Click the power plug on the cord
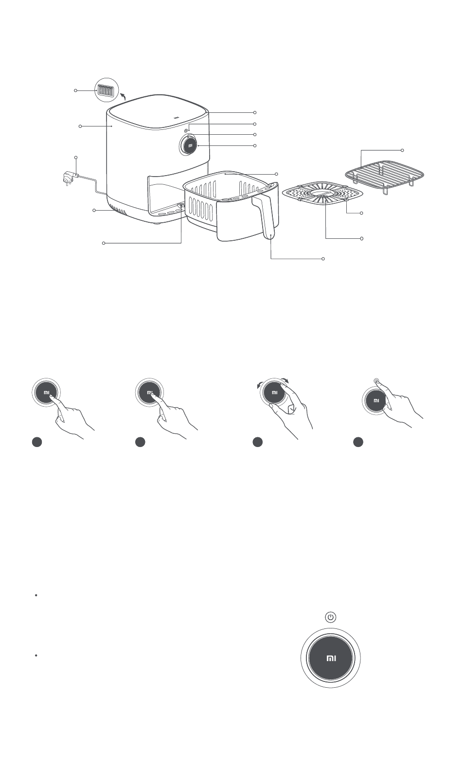coord(70,179)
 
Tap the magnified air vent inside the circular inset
coord(105,90)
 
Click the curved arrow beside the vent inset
coord(123,95)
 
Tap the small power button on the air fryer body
coord(186,130)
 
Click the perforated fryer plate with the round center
coord(322,193)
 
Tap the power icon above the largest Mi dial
coord(331,617)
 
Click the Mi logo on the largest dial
coord(331,658)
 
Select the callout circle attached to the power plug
coord(76,158)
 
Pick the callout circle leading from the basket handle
coord(323,258)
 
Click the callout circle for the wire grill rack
coord(402,150)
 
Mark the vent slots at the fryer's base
coord(117,210)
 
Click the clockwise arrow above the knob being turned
coord(285,380)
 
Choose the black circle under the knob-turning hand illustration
coord(258,442)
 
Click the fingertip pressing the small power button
coord(377,381)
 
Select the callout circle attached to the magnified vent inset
coord(75,90)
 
